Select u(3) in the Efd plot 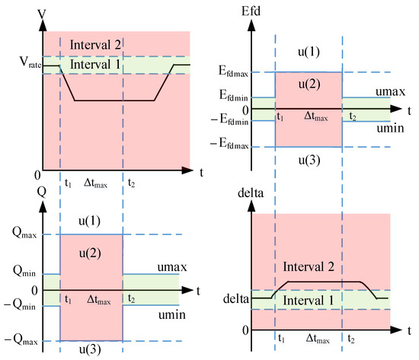click(x=309, y=159)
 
